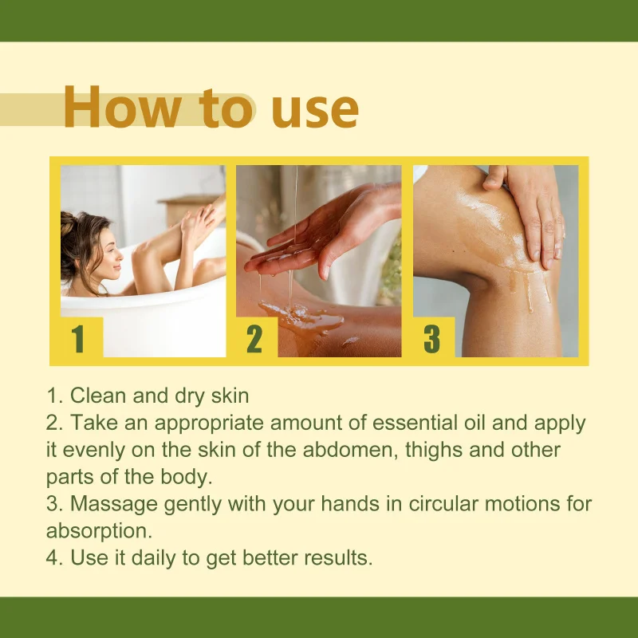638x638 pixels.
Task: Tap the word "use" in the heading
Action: pos(314,109)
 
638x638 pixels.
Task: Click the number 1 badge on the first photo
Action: pos(78,338)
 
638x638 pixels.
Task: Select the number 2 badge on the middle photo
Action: pos(254,338)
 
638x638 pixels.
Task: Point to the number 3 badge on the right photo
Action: pos(431,338)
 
